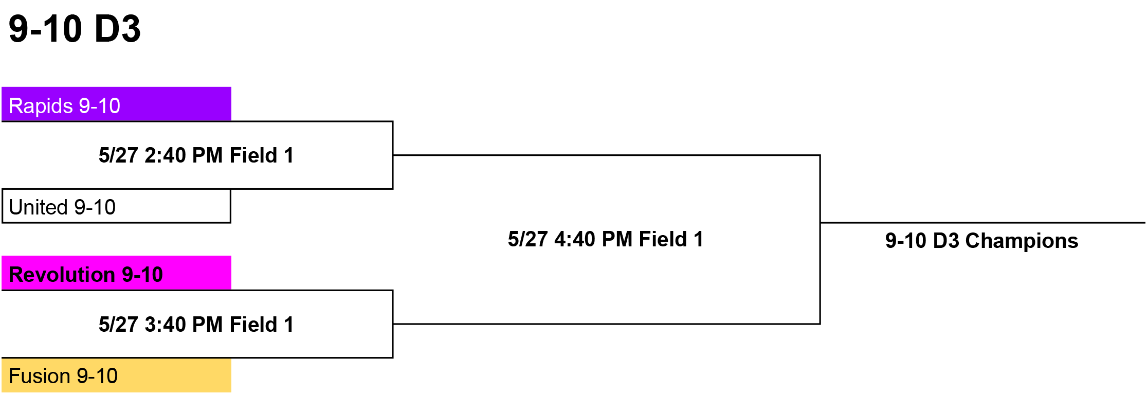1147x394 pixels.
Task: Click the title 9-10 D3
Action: (x=75, y=29)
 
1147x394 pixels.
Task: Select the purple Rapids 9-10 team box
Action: (x=117, y=104)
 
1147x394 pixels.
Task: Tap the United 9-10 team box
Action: (x=117, y=206)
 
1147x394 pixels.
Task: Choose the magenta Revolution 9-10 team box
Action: (x=117, y=273)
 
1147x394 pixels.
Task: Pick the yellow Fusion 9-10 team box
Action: (x=117, y=375)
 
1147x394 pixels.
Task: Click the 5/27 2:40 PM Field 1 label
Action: (x=196, y=155)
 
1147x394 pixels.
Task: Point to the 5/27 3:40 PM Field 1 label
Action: (x=196, y=325)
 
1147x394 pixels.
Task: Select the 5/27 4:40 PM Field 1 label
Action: (x=606, y=239)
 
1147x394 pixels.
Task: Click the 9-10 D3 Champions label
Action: (x=981, y=241)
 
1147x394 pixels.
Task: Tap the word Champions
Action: (x=1022, y=241)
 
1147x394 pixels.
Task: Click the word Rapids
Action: (x=41, y=106)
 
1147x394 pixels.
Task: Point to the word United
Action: (x=39, y=207)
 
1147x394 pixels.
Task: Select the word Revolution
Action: (x=62, y=275)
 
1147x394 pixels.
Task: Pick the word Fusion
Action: (x=40, y=376)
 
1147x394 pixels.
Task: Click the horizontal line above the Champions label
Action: (x=983, y=223)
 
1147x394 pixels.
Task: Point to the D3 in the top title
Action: (x=118, y=29)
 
